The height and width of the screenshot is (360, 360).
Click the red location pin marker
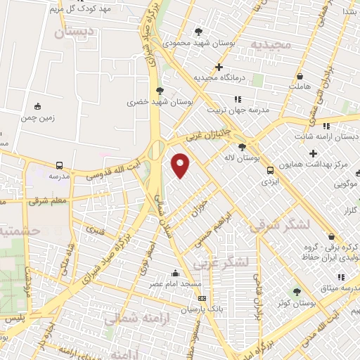(x=181, y=165)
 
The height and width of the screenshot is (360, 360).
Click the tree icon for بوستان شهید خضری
(x=160, y=91)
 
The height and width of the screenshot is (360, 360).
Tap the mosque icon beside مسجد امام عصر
(x=175, y=274)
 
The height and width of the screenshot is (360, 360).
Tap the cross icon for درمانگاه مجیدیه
(x=219, y=67)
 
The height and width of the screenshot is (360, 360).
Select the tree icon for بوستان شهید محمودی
(x=199, y=32)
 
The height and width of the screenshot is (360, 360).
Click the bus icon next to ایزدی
(x=269, y=169)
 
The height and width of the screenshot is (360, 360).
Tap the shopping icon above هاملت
(x=300, y=76)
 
